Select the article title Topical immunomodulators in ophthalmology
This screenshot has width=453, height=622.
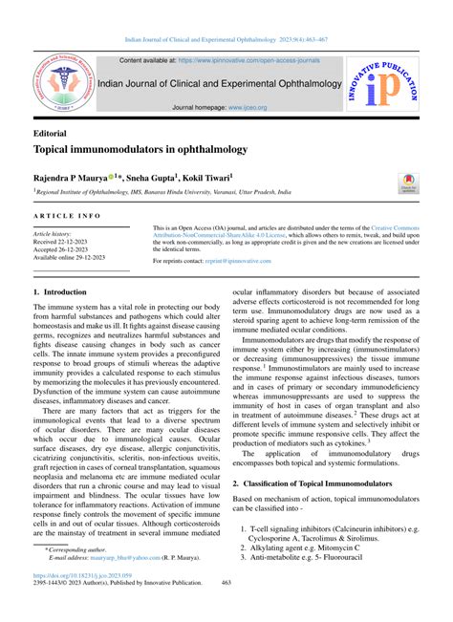tap(140, 151)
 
